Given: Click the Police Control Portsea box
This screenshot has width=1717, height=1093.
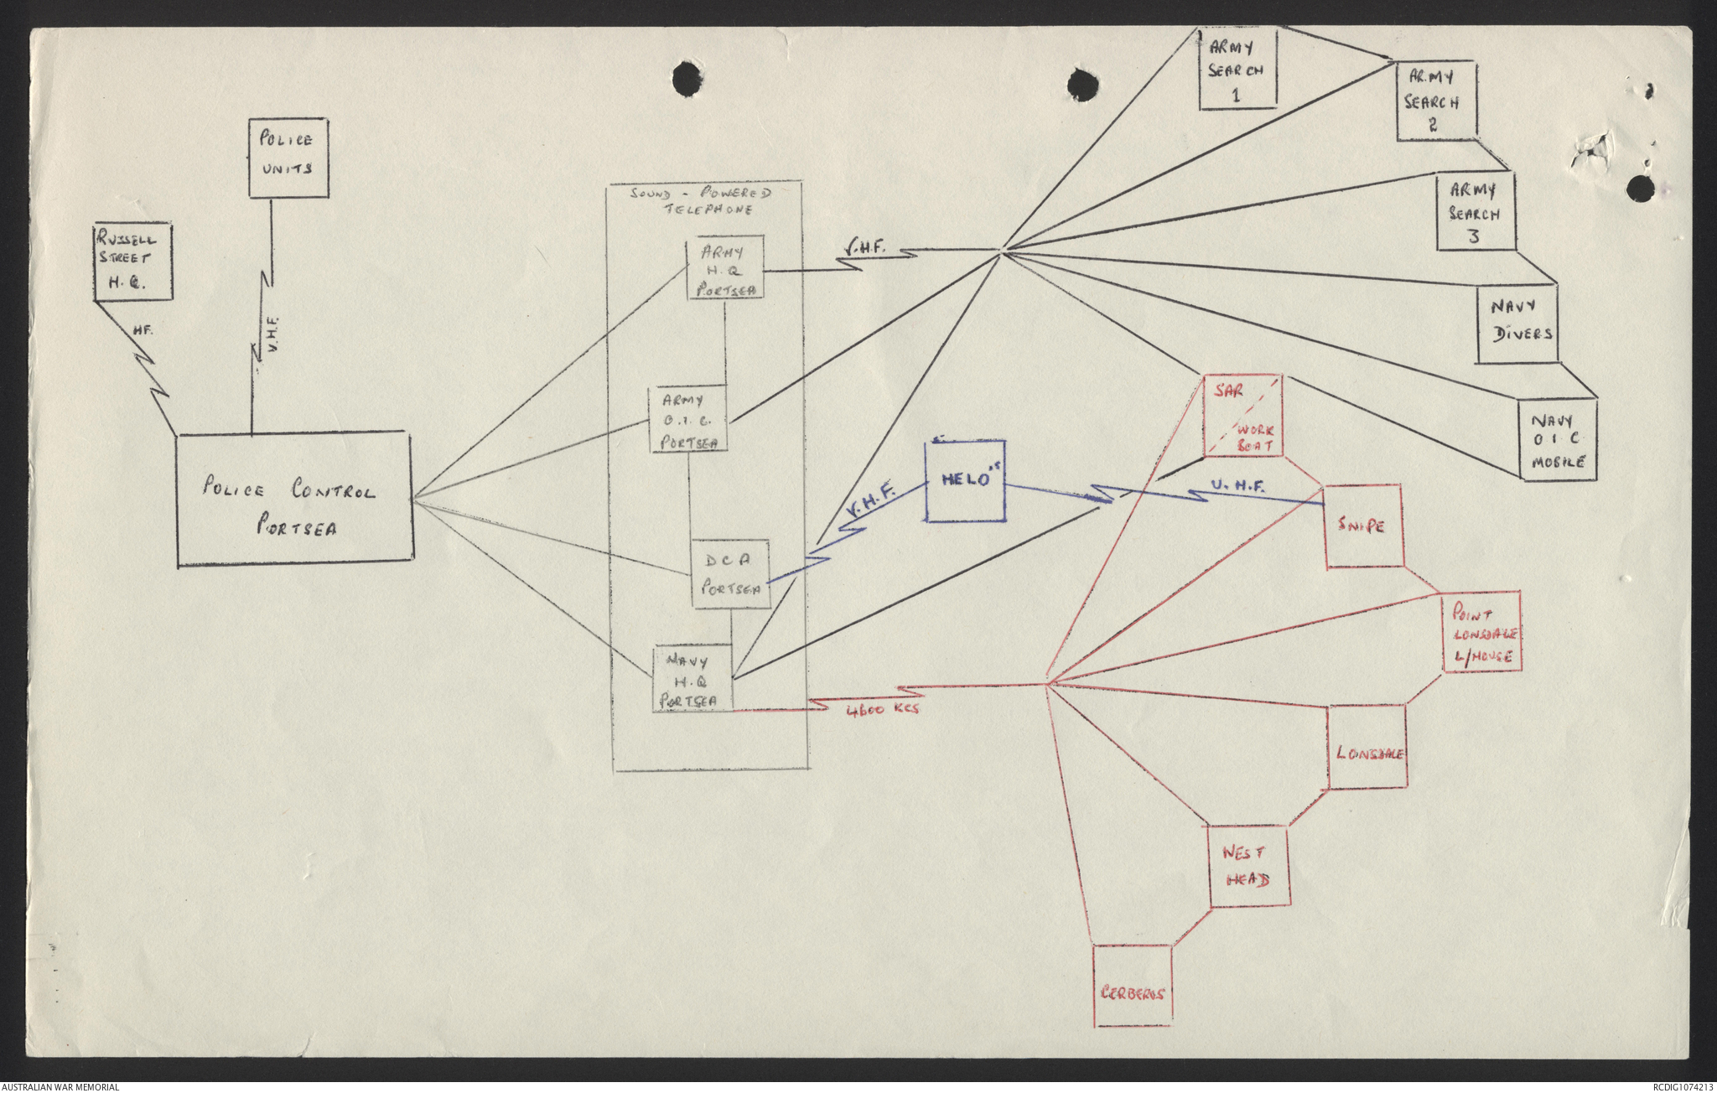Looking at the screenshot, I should (294, 500).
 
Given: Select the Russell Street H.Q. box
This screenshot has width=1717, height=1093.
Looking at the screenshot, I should (132, 262).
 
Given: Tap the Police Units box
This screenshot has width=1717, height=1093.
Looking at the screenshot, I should (288, 158).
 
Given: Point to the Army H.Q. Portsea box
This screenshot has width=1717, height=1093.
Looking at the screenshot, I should (725, 267).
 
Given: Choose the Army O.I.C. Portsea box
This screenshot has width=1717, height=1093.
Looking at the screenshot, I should (689, 419).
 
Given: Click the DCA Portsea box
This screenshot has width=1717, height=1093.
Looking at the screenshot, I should (730, 574).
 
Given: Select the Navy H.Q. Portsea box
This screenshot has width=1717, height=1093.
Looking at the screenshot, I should (693, 678).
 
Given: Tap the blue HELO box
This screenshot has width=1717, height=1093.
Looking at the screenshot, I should (965, 480).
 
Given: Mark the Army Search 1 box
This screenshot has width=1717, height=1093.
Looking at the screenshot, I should (1237, 69).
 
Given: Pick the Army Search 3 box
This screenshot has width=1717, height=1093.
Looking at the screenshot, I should (1476, 211).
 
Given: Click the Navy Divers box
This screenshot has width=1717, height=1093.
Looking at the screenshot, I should (1517, 324).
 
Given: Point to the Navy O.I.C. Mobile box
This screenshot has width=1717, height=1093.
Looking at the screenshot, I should (1558, 440).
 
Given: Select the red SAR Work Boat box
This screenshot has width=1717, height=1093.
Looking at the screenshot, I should (1243, 416).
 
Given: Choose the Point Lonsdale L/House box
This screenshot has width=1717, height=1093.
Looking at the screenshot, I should (1482, 634).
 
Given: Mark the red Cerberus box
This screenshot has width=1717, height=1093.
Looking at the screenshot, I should (1133, 986).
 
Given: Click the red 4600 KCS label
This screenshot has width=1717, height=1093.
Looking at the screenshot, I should (884, 710).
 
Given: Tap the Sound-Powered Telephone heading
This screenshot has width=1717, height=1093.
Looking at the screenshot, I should (701, 200).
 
